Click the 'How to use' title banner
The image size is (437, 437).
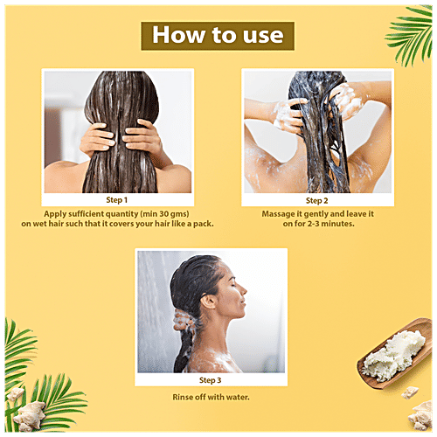pos(218,36)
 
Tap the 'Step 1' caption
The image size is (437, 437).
pos(116,200)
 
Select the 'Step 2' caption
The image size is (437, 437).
pos(316,201)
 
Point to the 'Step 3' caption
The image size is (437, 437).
pos(210,380)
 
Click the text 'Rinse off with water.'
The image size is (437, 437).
pos(211,397)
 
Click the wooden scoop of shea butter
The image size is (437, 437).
pos(396,353)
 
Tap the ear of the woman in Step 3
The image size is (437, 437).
pos(209,302)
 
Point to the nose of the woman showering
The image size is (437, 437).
pos(244,290)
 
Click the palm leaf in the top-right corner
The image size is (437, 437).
pos(410,33)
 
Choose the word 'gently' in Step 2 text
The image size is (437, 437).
pos(316,214)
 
